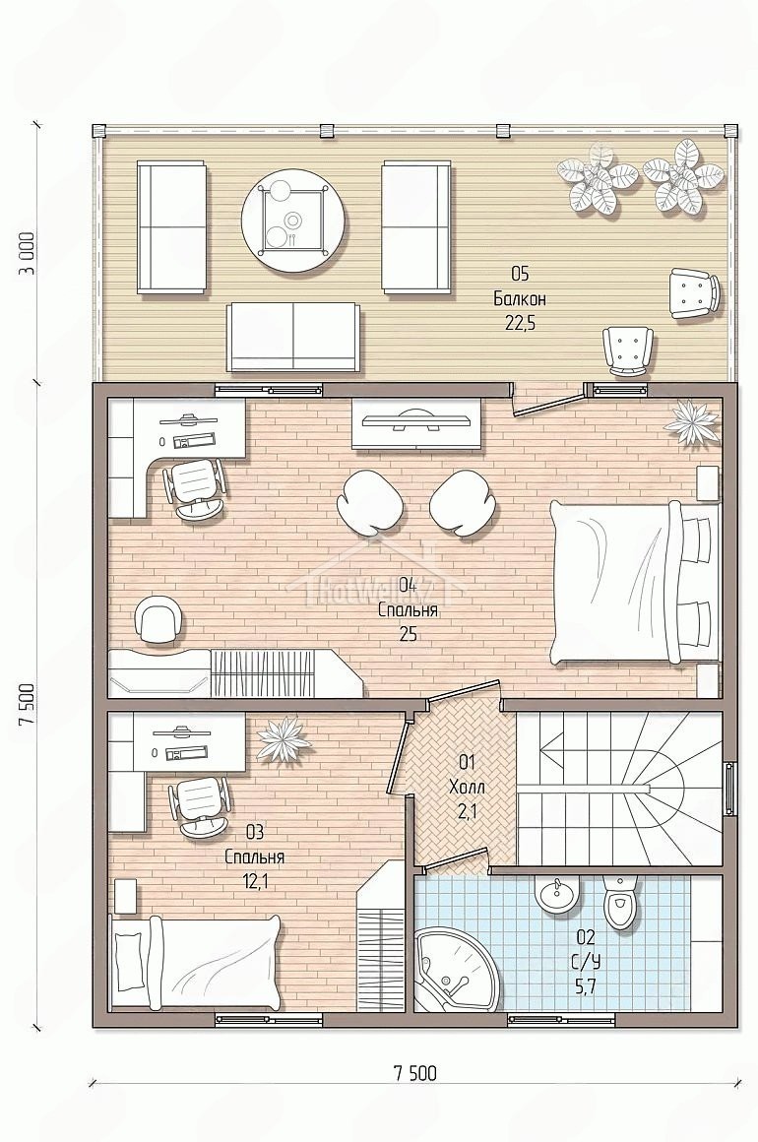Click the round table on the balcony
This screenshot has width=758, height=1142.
292,220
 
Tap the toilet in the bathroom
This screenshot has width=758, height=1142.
619,902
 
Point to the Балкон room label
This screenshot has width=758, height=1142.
519,298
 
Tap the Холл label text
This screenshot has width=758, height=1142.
466,787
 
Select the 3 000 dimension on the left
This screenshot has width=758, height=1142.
28,253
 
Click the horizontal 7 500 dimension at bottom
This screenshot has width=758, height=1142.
415,1072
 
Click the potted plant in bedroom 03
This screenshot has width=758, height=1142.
284,740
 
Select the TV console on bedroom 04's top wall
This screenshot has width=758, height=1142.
415,423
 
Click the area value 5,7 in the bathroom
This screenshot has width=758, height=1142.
586,986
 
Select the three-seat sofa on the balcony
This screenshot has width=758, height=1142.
293,338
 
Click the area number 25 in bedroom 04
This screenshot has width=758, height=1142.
407,634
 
